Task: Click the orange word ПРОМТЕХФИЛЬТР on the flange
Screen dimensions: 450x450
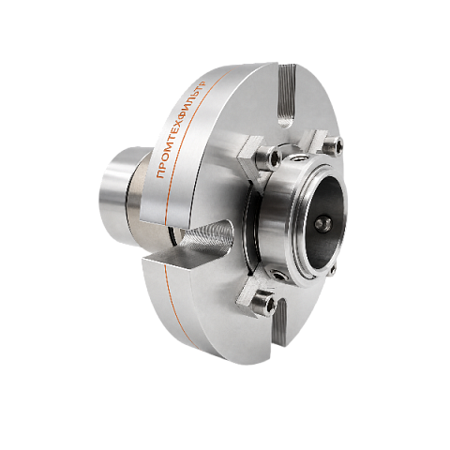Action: [x=181, y=129]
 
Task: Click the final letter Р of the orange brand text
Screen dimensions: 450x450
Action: [x=203, y=83]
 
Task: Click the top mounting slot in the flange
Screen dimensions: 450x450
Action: [x=287, y=96]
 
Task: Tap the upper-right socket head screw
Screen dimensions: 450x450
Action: [x=333, y=144]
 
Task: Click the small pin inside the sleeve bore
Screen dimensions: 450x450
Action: [x=322, y=223]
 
